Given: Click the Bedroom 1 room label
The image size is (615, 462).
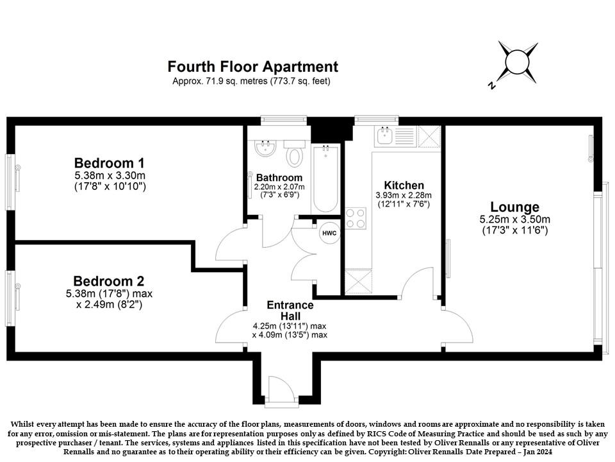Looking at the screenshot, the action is (110, 162).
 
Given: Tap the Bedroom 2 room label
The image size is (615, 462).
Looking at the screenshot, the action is (109, 281).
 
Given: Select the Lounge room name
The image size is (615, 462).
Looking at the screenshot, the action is (514, 207).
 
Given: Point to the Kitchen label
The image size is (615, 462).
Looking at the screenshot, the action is (404, 185).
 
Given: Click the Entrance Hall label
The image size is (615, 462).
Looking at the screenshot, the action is (290, 311).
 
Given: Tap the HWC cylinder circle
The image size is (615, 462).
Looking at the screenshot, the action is (329, 233).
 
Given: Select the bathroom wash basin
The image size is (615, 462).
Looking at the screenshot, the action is (265, 148).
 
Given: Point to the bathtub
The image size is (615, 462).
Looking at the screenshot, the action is (325, 179).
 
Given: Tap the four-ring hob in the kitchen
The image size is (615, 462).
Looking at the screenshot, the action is (356, 218).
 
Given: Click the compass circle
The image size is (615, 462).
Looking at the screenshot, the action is (518, 63).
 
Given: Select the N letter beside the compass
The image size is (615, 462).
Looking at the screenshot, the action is (491, 85).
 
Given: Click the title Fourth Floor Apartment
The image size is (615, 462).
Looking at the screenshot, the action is (252, 66).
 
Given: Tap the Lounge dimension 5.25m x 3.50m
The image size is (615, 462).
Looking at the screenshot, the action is (514, 219).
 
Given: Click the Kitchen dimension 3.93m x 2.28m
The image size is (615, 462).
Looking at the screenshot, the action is (404, 195).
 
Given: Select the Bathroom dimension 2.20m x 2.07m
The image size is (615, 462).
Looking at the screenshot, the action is (279, 187).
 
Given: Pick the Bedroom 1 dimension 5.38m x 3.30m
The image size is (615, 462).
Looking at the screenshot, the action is (110, 175).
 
